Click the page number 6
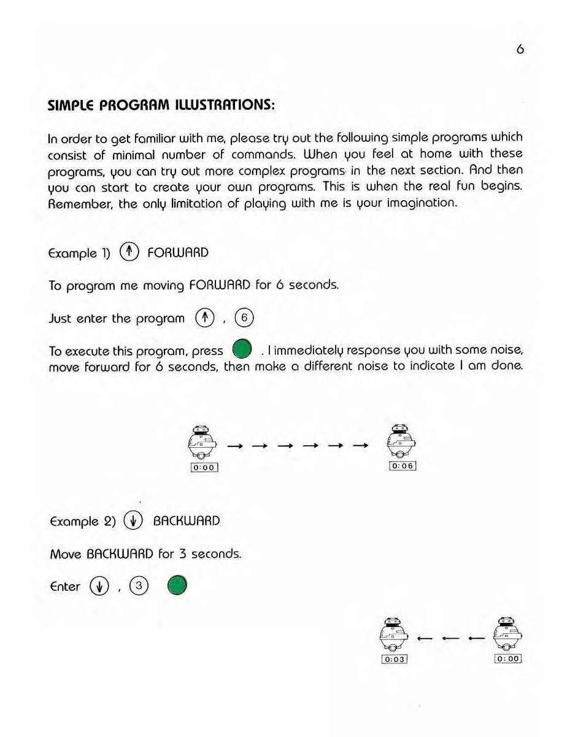520,50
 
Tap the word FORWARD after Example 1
178,252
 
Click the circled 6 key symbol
244,318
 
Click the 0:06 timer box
403,466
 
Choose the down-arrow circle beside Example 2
133,521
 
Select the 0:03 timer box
395,659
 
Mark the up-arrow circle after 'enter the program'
202,318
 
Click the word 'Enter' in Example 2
64,587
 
